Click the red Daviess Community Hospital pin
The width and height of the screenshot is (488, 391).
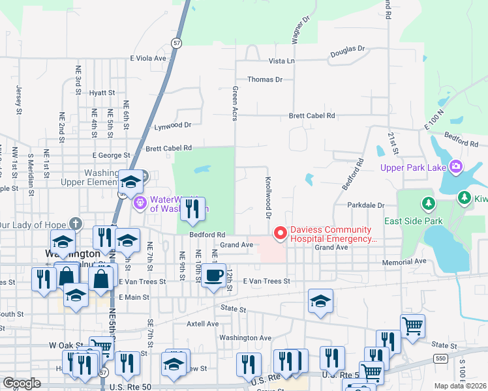click(x=281, y=233)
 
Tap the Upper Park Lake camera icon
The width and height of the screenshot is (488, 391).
click(x=455, y=167)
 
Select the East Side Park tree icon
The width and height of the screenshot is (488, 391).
click(x=428, y=203)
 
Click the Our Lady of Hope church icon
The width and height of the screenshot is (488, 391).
click(x=76, y=224)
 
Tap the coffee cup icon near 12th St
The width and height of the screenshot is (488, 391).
click(x=213, y=276)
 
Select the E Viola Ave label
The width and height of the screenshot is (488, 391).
click(x=149, y=58)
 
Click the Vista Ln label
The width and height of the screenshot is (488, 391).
click(x=282, y=61)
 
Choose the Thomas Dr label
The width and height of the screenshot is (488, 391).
click(x=265, y=80)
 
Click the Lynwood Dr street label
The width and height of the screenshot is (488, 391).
click(x=172, y=125)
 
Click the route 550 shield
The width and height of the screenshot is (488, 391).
click(x=440, y=358)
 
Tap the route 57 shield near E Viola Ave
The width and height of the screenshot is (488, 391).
click(x=177, y=42)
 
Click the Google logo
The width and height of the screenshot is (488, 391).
click(x=22, y=383)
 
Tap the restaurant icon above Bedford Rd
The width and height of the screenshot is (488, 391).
click(x=192, y=209)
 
